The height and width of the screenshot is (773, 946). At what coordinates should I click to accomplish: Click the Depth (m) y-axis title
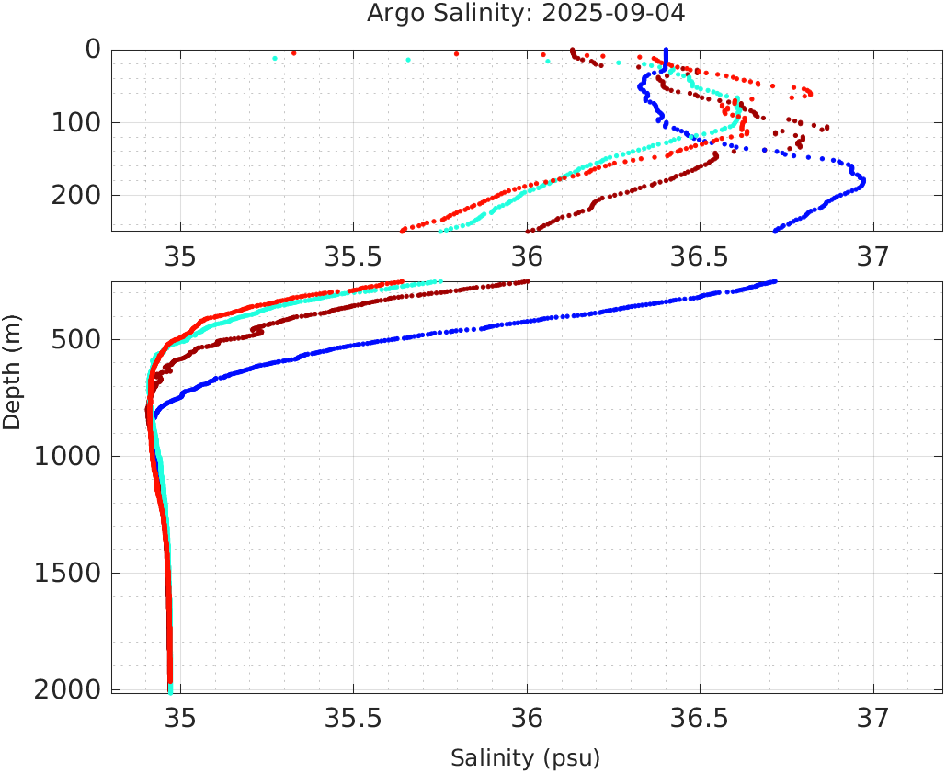pos(12,369)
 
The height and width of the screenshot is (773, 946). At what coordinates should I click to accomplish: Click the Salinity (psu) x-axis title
pos(525,758)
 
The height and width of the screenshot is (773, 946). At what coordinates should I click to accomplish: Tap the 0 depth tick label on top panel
pos(93,50)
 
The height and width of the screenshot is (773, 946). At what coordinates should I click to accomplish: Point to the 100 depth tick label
pos(74,122)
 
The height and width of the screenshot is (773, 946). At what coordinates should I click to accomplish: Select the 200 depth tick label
pos(74,195)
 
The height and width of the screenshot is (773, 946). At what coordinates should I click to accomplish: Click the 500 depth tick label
pos(74,340)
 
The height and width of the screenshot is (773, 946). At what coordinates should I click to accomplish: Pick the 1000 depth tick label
pos(67,457)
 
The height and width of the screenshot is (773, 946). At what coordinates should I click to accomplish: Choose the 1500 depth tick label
pos(67,573)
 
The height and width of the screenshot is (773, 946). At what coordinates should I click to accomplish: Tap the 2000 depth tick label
pos(67,689)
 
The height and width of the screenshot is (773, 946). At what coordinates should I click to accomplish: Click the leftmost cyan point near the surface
pos(275,59)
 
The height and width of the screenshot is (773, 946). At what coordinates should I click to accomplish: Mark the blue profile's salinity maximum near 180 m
pos(862,182)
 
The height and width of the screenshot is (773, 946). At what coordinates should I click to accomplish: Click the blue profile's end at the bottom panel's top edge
pos(775,281)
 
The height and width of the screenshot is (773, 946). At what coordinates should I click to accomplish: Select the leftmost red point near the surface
pos(293,53)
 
